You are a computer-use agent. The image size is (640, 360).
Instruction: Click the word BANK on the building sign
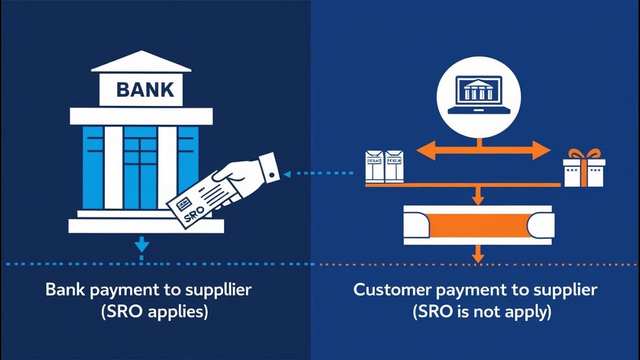point(145,90)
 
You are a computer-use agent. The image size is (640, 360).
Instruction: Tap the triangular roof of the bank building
point(141,62)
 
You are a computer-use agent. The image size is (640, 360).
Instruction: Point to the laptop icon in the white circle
point(478,95)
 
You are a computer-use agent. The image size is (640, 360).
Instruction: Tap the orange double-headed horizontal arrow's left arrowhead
point(425,150)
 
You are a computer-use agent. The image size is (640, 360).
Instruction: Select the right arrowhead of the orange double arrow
point(542,150)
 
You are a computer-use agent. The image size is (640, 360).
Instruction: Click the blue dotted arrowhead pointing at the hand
point(287,174)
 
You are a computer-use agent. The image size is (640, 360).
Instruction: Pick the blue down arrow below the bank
point(142,245)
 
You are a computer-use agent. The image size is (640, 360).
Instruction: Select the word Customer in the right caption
point(390,290)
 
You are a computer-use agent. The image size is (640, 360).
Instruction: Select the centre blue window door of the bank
point(140,167)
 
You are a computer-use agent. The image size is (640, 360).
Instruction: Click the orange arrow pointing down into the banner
point(478,196)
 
